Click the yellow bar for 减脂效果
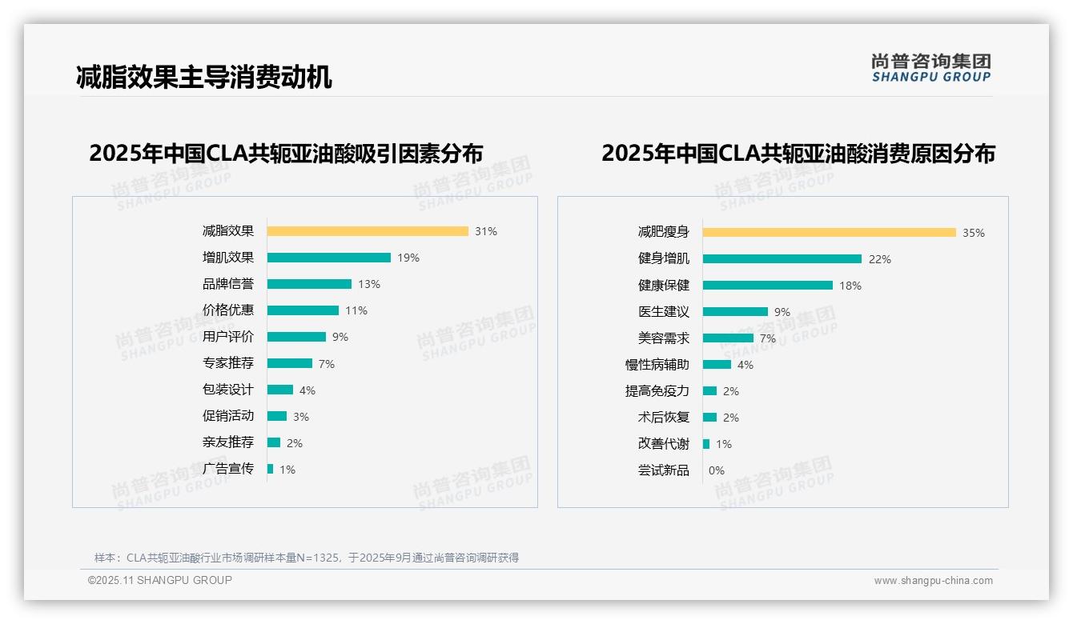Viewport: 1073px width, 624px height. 368,231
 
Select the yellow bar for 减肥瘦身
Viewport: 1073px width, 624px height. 830,233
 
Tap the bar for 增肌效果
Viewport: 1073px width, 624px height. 329,258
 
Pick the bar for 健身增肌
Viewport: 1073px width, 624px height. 782,259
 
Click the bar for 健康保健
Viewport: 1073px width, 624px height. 768,286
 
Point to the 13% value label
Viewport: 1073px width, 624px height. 369,284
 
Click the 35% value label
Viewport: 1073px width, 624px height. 974,233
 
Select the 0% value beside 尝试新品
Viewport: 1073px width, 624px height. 717,470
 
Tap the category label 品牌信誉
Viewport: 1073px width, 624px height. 228,284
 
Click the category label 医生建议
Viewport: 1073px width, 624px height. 664,312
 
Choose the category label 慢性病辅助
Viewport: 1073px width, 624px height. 657,365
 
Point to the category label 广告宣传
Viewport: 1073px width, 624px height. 228,469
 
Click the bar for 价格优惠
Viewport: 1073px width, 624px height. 303,310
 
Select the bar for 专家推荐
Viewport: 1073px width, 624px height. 290,363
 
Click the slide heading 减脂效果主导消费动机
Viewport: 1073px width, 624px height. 203,77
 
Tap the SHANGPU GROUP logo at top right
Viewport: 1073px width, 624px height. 931,68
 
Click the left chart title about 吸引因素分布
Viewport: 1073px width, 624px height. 286,153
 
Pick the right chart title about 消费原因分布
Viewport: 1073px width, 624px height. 798,153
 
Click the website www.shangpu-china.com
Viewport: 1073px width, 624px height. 933,581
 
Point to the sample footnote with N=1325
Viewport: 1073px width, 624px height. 307,558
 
